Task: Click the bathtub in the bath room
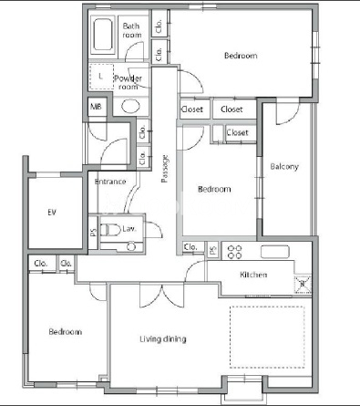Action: (103, 35)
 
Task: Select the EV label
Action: (52, 212)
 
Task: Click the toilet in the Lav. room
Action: (110, 229)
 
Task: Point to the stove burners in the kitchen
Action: (234, 252)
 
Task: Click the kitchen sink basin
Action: (274, 252)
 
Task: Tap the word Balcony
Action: (284, 167)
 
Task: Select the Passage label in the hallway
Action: (165, 169)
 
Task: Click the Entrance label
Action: (110, 182)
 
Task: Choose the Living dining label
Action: (163, 338)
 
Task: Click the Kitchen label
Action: (253, 275)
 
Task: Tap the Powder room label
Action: (129, 82)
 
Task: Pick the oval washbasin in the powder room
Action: (130, 106)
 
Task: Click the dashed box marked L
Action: (101, 77)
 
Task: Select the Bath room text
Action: (132, 30)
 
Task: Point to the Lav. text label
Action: (129, 229)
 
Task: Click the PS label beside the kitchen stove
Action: (213, 250)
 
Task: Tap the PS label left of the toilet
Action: (94, 233)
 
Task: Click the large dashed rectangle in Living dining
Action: (267, 337)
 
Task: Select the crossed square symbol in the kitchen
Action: (303, 284)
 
